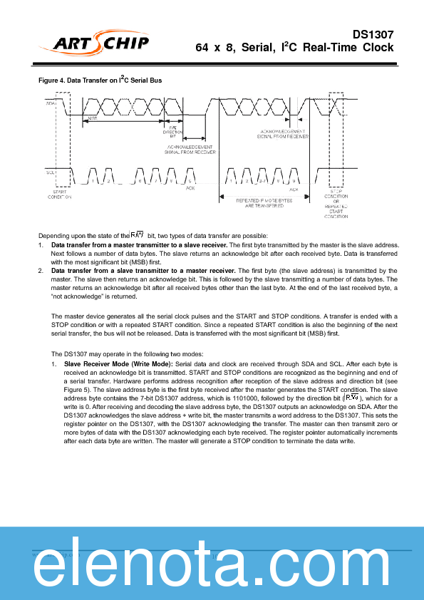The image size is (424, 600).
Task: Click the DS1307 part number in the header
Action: tap(373, 33)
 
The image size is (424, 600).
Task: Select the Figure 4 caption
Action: tap(100, 81)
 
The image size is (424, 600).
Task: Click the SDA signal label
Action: tap(51, 104)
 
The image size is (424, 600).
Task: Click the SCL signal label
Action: tap(51, 172)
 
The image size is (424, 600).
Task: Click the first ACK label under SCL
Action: tap(190, 188)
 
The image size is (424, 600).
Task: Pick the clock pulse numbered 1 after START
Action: tap(93, 182)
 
